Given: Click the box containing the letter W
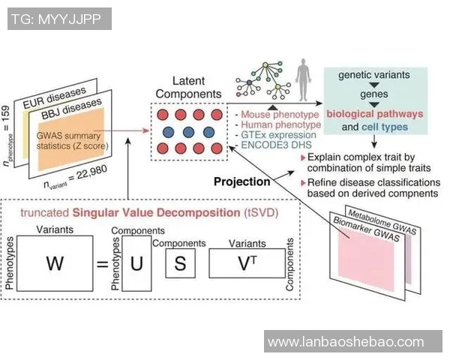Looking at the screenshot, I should (x=55, y=264).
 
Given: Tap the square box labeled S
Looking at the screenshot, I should (x=179, y=264).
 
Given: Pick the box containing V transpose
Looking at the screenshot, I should (x=246, y=264).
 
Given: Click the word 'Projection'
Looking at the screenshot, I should (x=241, y=181).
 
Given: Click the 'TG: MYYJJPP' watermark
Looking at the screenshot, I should (x=59, y=19).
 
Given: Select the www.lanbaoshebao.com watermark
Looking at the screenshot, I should (x=346, y=342).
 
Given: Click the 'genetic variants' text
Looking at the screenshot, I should (x=374, y=76).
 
